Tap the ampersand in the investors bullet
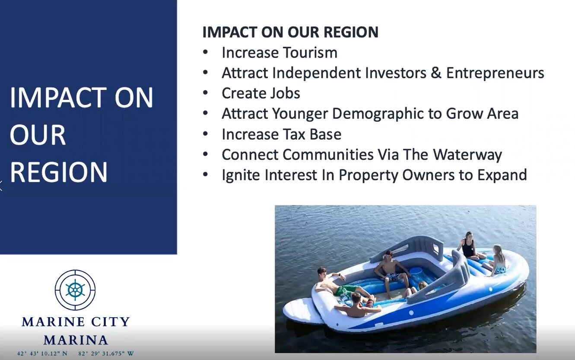point(436,73)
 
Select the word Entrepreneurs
point(495,73)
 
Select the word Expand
point(502,175)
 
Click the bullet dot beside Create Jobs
point(205,93)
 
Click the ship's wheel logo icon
point(75,290)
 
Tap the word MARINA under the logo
point(76,340)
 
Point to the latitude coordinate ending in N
point(42,354)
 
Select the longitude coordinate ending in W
point(106,354)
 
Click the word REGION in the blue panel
point(58,172)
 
